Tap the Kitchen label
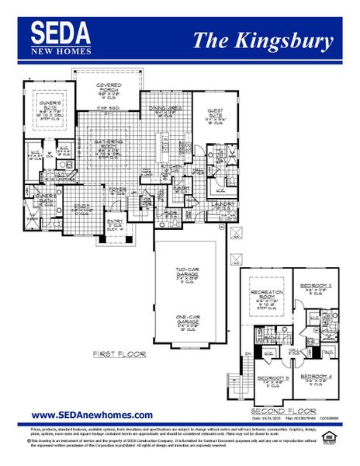click(171, 166)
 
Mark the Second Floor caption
click(274, 410)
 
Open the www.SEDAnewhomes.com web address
click(92, 416)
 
